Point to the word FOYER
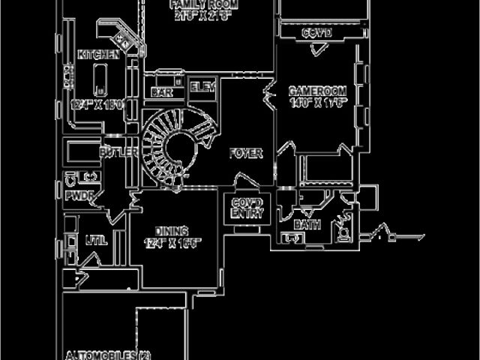tap(246, 153)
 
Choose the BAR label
tap(161, 91)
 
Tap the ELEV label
tap(202, 87)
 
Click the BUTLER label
tap(118, 152)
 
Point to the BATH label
tap(307, 224)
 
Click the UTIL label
tap(96, 241)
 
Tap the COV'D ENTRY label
tap(247, 208)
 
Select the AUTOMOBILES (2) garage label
tap(108, 355)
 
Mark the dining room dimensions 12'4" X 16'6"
tap(172, 242)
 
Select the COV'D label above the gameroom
tap(316, 34)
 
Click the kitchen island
tap(98, 79)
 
